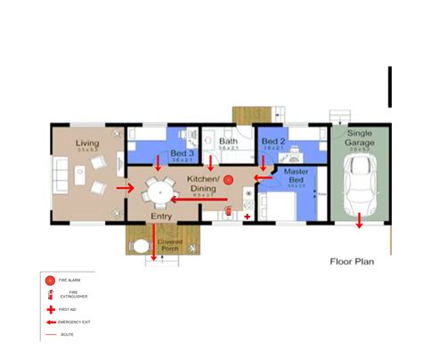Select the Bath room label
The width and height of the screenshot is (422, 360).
(229, 142)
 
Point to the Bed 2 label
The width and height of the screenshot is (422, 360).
(273, 142)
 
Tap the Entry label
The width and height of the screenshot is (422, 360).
(161, 216)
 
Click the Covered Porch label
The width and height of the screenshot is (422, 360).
(170, 245)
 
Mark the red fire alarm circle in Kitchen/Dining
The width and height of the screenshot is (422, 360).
(228, 179)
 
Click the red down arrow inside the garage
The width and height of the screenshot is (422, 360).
(360, 220)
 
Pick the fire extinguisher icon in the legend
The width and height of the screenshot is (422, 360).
(50, 294)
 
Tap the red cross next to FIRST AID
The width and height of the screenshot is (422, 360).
(50, 308)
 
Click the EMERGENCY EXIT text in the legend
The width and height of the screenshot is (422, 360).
(75, 321)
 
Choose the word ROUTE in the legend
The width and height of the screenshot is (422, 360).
(67, 334)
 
